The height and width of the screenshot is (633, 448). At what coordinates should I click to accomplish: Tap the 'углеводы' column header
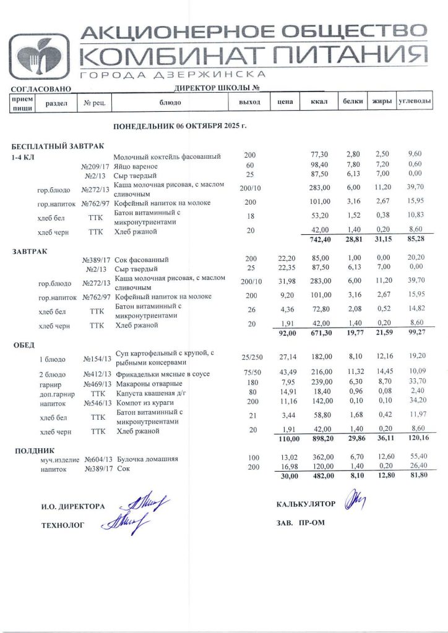click(414, 101)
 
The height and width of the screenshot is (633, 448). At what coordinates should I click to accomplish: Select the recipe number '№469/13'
click(98, 383)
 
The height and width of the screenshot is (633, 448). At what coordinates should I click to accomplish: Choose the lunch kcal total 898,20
click(321, 439)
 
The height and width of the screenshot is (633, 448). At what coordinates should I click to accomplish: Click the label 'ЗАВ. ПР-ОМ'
click(301, 522)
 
